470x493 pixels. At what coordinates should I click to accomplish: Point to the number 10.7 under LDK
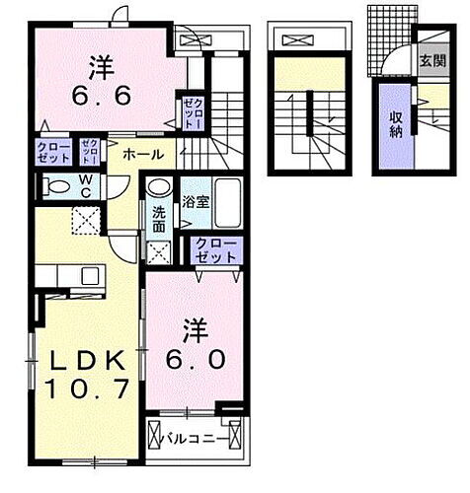tap(86, 389)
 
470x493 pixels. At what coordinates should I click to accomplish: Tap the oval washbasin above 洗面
tap(158, 187)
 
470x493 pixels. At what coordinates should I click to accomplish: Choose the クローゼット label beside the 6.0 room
tap(216, 249)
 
